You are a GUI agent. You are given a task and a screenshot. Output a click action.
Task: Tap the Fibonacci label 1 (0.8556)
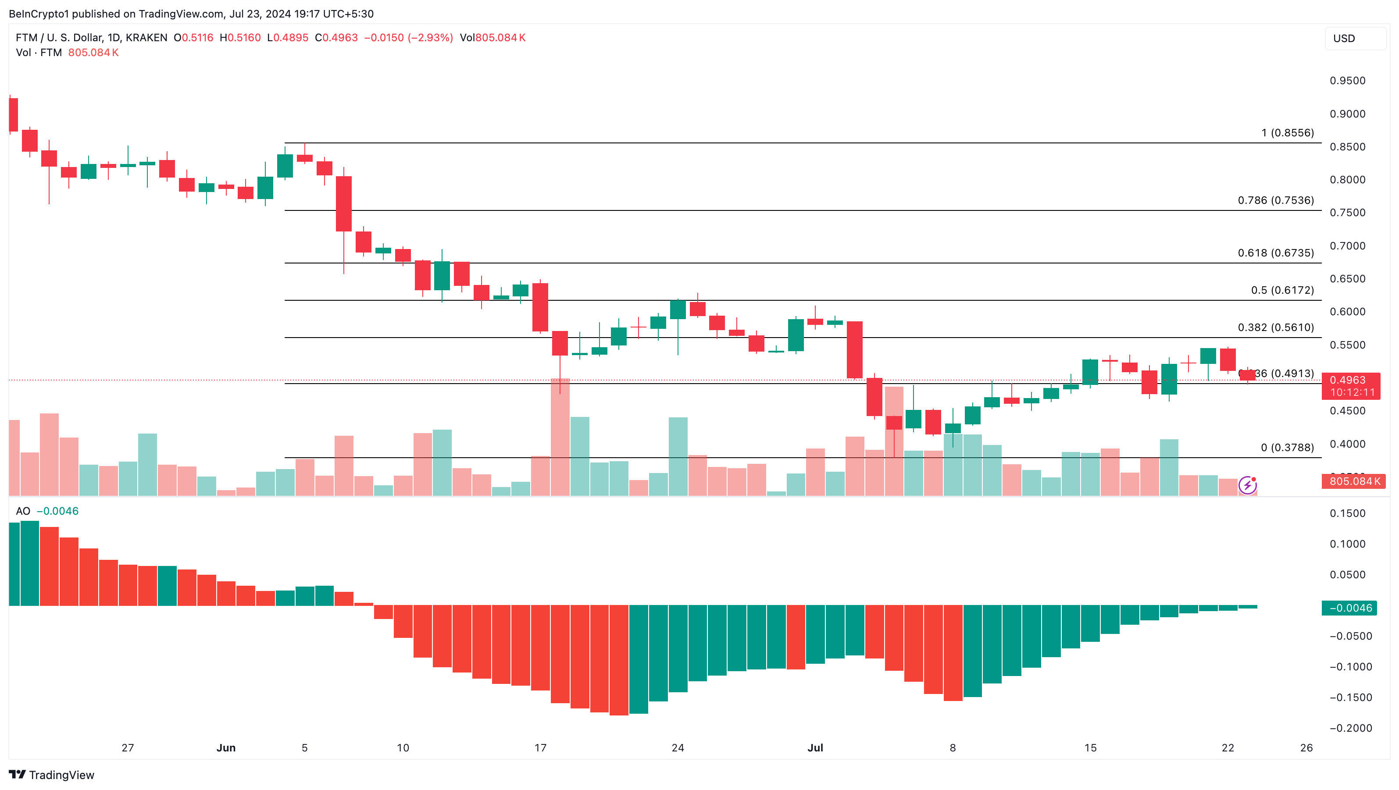point(1287,133)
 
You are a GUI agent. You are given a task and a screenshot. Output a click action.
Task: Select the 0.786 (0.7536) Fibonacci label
point(1275,200)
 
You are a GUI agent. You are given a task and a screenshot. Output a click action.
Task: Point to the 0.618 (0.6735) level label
point(1275,253)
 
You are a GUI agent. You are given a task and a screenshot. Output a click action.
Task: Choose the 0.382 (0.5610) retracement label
point(1275,327)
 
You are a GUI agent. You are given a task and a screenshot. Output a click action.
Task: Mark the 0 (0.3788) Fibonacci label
point(1287,448)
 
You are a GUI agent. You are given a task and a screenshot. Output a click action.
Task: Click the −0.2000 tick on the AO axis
point(1350,728)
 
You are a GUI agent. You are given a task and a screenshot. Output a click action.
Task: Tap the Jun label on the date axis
point(226,747)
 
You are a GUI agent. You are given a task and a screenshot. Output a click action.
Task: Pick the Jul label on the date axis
point(815,747)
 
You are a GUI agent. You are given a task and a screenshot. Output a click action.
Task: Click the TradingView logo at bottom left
point(52,775)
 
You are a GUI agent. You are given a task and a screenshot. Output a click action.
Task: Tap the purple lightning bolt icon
point(1247,485)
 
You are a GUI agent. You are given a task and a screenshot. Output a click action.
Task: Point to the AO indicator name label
point(23,511)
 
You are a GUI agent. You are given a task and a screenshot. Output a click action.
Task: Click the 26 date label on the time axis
point(1306,747)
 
